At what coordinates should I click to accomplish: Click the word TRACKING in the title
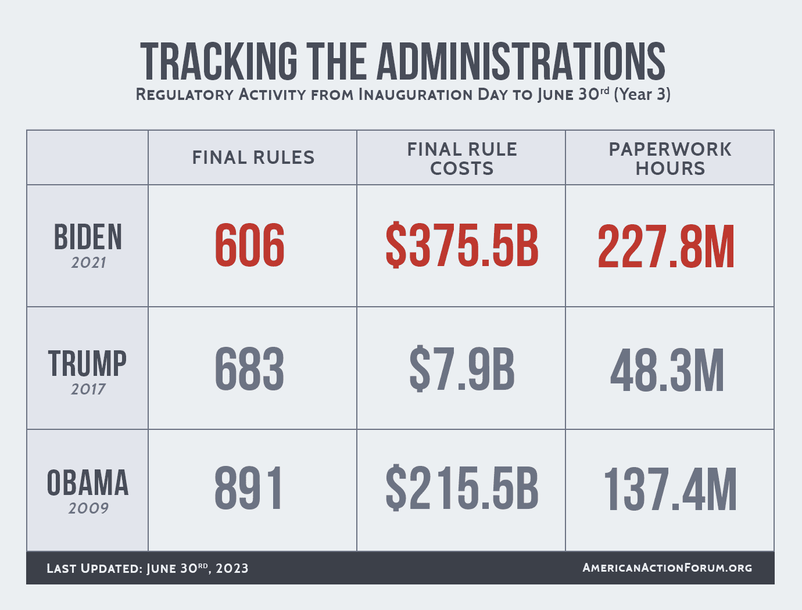(x=219, y=61)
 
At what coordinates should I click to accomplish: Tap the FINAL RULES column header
(x=253, y=157)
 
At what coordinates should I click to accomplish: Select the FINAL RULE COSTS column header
(x=462, y=159)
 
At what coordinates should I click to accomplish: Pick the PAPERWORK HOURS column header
(x=670, y=159)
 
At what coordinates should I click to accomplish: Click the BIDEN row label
(x=88, y=238)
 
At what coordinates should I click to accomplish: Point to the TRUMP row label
(x=88, y=364)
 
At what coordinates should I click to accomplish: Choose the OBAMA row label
(x=88, y=483)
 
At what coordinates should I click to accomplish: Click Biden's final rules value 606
(x=250, y=246)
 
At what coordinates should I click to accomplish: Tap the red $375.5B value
(x=462, y=246)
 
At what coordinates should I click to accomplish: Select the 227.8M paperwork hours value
(x=667, y=247)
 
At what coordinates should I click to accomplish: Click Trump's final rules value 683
(x=250, y=369)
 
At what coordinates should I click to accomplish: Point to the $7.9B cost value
(x=462, y=369)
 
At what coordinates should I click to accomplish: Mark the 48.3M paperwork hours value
(x=667, y=371)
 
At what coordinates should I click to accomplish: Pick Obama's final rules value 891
(x=249, y=489)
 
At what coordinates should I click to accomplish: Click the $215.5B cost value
(x=462, y=489)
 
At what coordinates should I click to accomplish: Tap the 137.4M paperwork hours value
(x=670, y=490)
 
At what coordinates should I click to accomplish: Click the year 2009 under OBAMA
(x=88, y=508)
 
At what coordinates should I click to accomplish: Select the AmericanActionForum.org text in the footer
(x=667, y=568)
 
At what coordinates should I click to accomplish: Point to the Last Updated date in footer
(x=148, y=568)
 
